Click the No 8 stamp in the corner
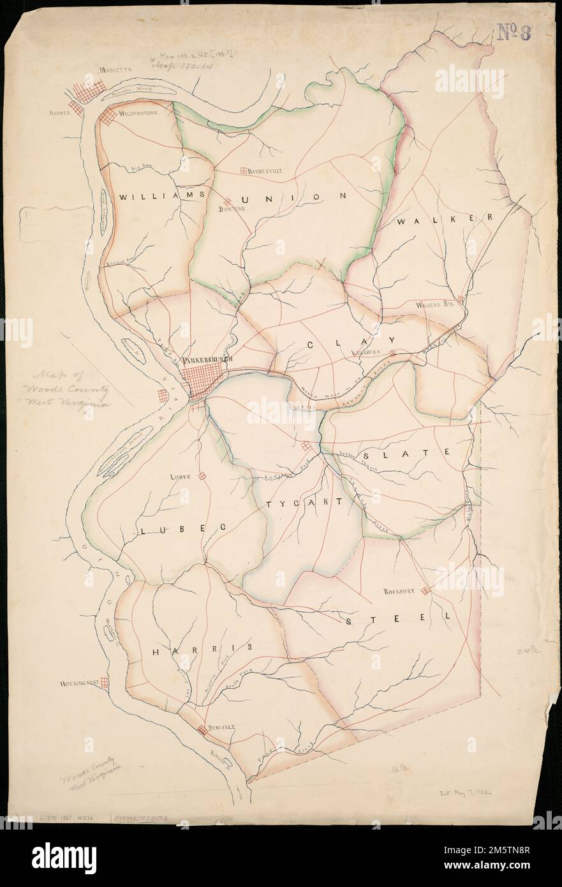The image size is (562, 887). [516, 31]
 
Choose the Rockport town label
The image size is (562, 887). [399, 592]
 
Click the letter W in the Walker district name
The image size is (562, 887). [401, 221]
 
